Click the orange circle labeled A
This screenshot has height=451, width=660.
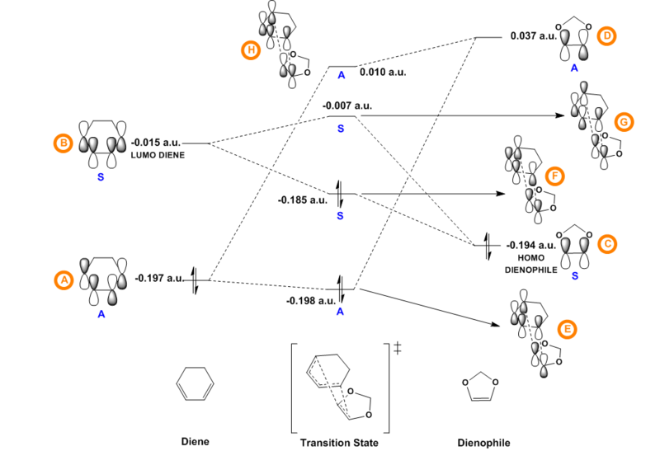click(63, 280)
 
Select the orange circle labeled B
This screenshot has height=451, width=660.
click(63, 143)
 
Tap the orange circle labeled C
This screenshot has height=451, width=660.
click(607, 244)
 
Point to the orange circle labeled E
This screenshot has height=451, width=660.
click(566, 328)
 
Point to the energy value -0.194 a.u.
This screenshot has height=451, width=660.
click(528, 245)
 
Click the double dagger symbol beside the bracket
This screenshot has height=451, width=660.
click(398, 349)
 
